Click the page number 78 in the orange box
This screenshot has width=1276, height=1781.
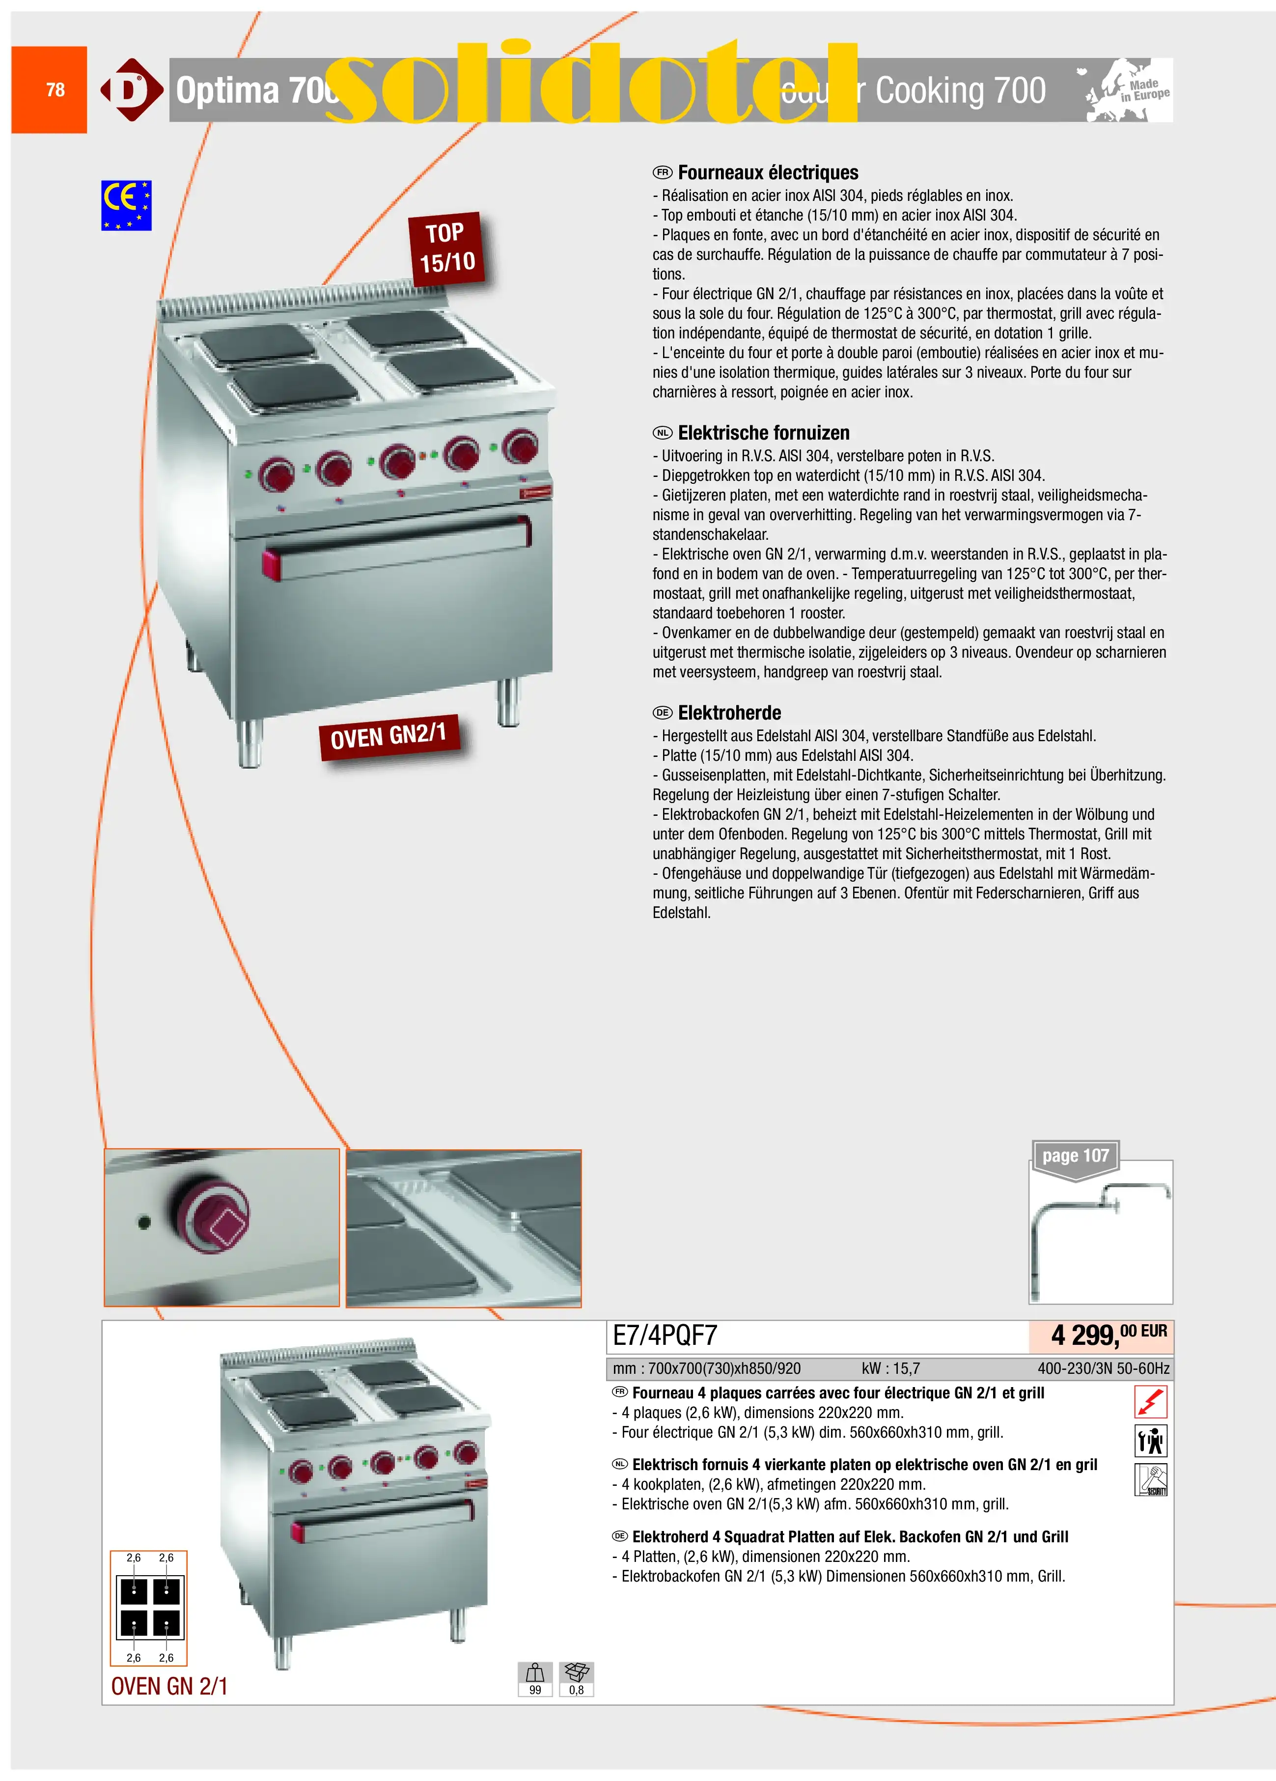pyautogui.click(x=55, y=89)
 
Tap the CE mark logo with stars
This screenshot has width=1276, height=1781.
pyautogui.click(x=126, y=205)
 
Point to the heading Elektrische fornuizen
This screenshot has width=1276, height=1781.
pyautogui.click(x=763, y=433)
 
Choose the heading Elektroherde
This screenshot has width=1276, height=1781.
pyautogui.click(x=729, y=713)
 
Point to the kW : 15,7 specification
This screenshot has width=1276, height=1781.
pyautogui.click(x=890, y=1369)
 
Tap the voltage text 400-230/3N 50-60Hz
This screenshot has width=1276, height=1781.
pyautogui.click(x=1103, y=1369)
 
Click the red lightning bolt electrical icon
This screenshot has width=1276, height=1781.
pyautogui.click(x=1150, y=1402)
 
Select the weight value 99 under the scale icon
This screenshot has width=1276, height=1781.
pyautogui.click(x=535, y=1690)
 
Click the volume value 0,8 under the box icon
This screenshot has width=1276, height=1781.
pyautogui.click(x=576, y=1690)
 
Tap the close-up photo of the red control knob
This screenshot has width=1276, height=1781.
pyautogui.click(x=222, y=1227)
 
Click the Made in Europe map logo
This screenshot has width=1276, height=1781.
pyautogui.click(x=1128, y=90)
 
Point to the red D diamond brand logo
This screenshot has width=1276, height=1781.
pyautogui.click(x=131, y=89)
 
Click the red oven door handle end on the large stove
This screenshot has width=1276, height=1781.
pyautogui.click(x=271, y=565)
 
